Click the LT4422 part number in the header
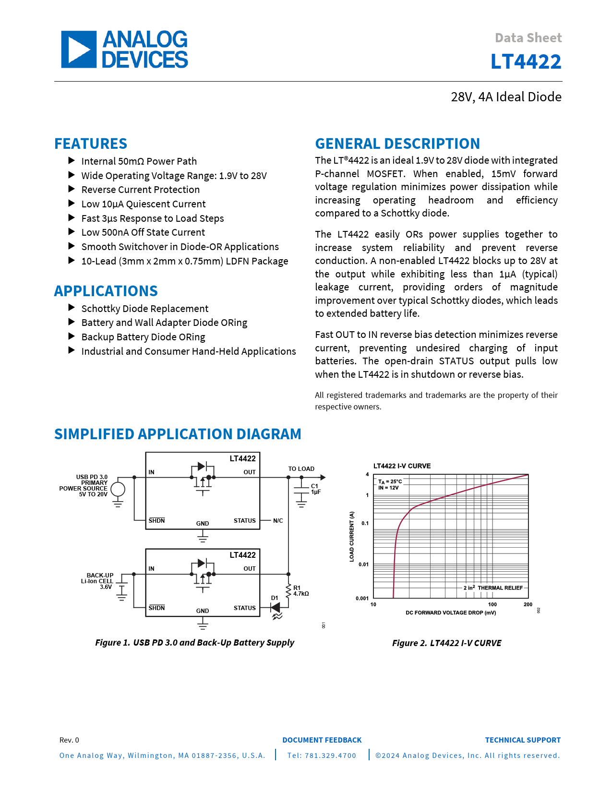coord(526,62)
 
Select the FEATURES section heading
coord(91,144)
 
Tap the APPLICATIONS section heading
coord(106,291)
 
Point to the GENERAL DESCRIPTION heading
coord(397,144)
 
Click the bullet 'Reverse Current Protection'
coord(140,190)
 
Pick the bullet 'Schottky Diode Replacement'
coord(144,309)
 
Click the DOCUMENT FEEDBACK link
coord(322,740)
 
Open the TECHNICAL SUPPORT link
coord(522,740)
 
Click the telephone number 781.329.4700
coord(322,756)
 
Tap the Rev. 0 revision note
coord(69,740)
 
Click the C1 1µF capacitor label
coord(315,489)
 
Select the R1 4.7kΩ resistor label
coord(300,591)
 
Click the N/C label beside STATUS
coord(278,521)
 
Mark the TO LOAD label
coord(301,469)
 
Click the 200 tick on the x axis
coord(528,605)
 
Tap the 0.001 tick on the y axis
coord(362,599)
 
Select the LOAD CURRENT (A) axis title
coord(352,536)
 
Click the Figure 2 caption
coord(446,643)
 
